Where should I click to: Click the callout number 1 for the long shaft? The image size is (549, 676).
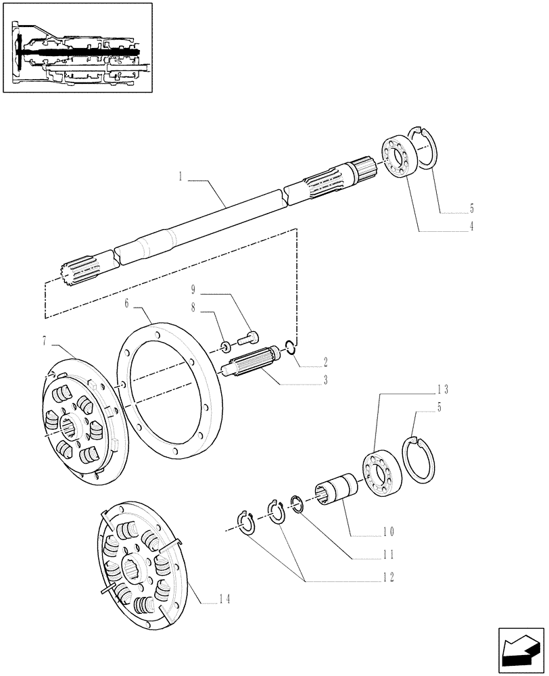click(181, 176)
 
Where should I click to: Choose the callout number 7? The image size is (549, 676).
click(45, 341)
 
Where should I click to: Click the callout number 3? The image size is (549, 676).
click(325, 381)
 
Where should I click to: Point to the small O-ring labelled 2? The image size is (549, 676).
click(289, 347)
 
